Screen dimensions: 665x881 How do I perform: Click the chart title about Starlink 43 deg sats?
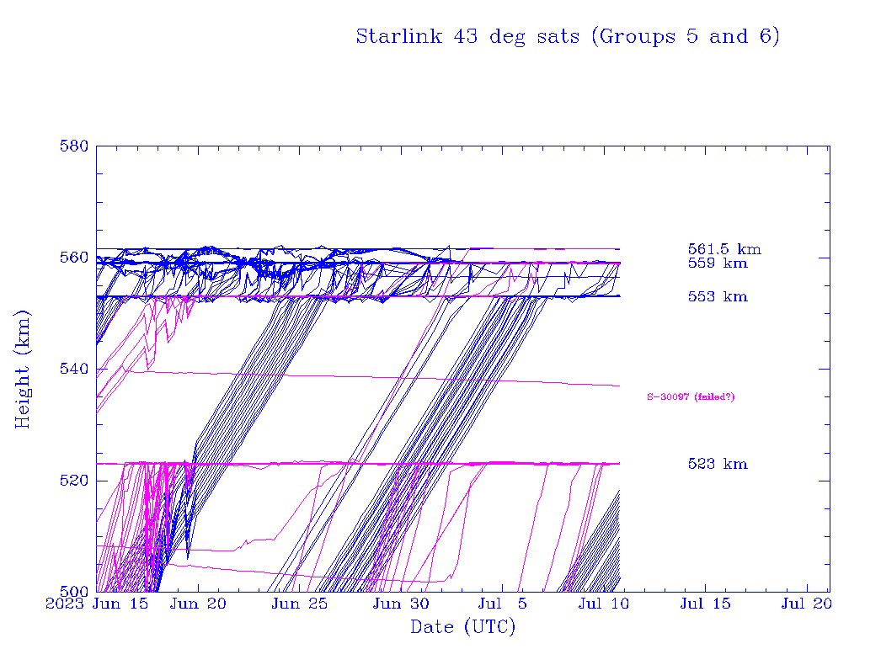568,37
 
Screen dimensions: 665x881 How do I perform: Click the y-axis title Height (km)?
23,369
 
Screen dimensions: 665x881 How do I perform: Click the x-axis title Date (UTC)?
462,627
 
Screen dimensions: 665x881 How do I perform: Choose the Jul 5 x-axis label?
504,604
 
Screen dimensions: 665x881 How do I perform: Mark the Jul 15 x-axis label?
705,604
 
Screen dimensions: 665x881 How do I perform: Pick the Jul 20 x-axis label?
807,604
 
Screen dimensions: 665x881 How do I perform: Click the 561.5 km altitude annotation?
724,249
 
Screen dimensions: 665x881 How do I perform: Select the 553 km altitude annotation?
718,297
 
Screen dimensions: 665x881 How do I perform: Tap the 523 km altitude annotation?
718,465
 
